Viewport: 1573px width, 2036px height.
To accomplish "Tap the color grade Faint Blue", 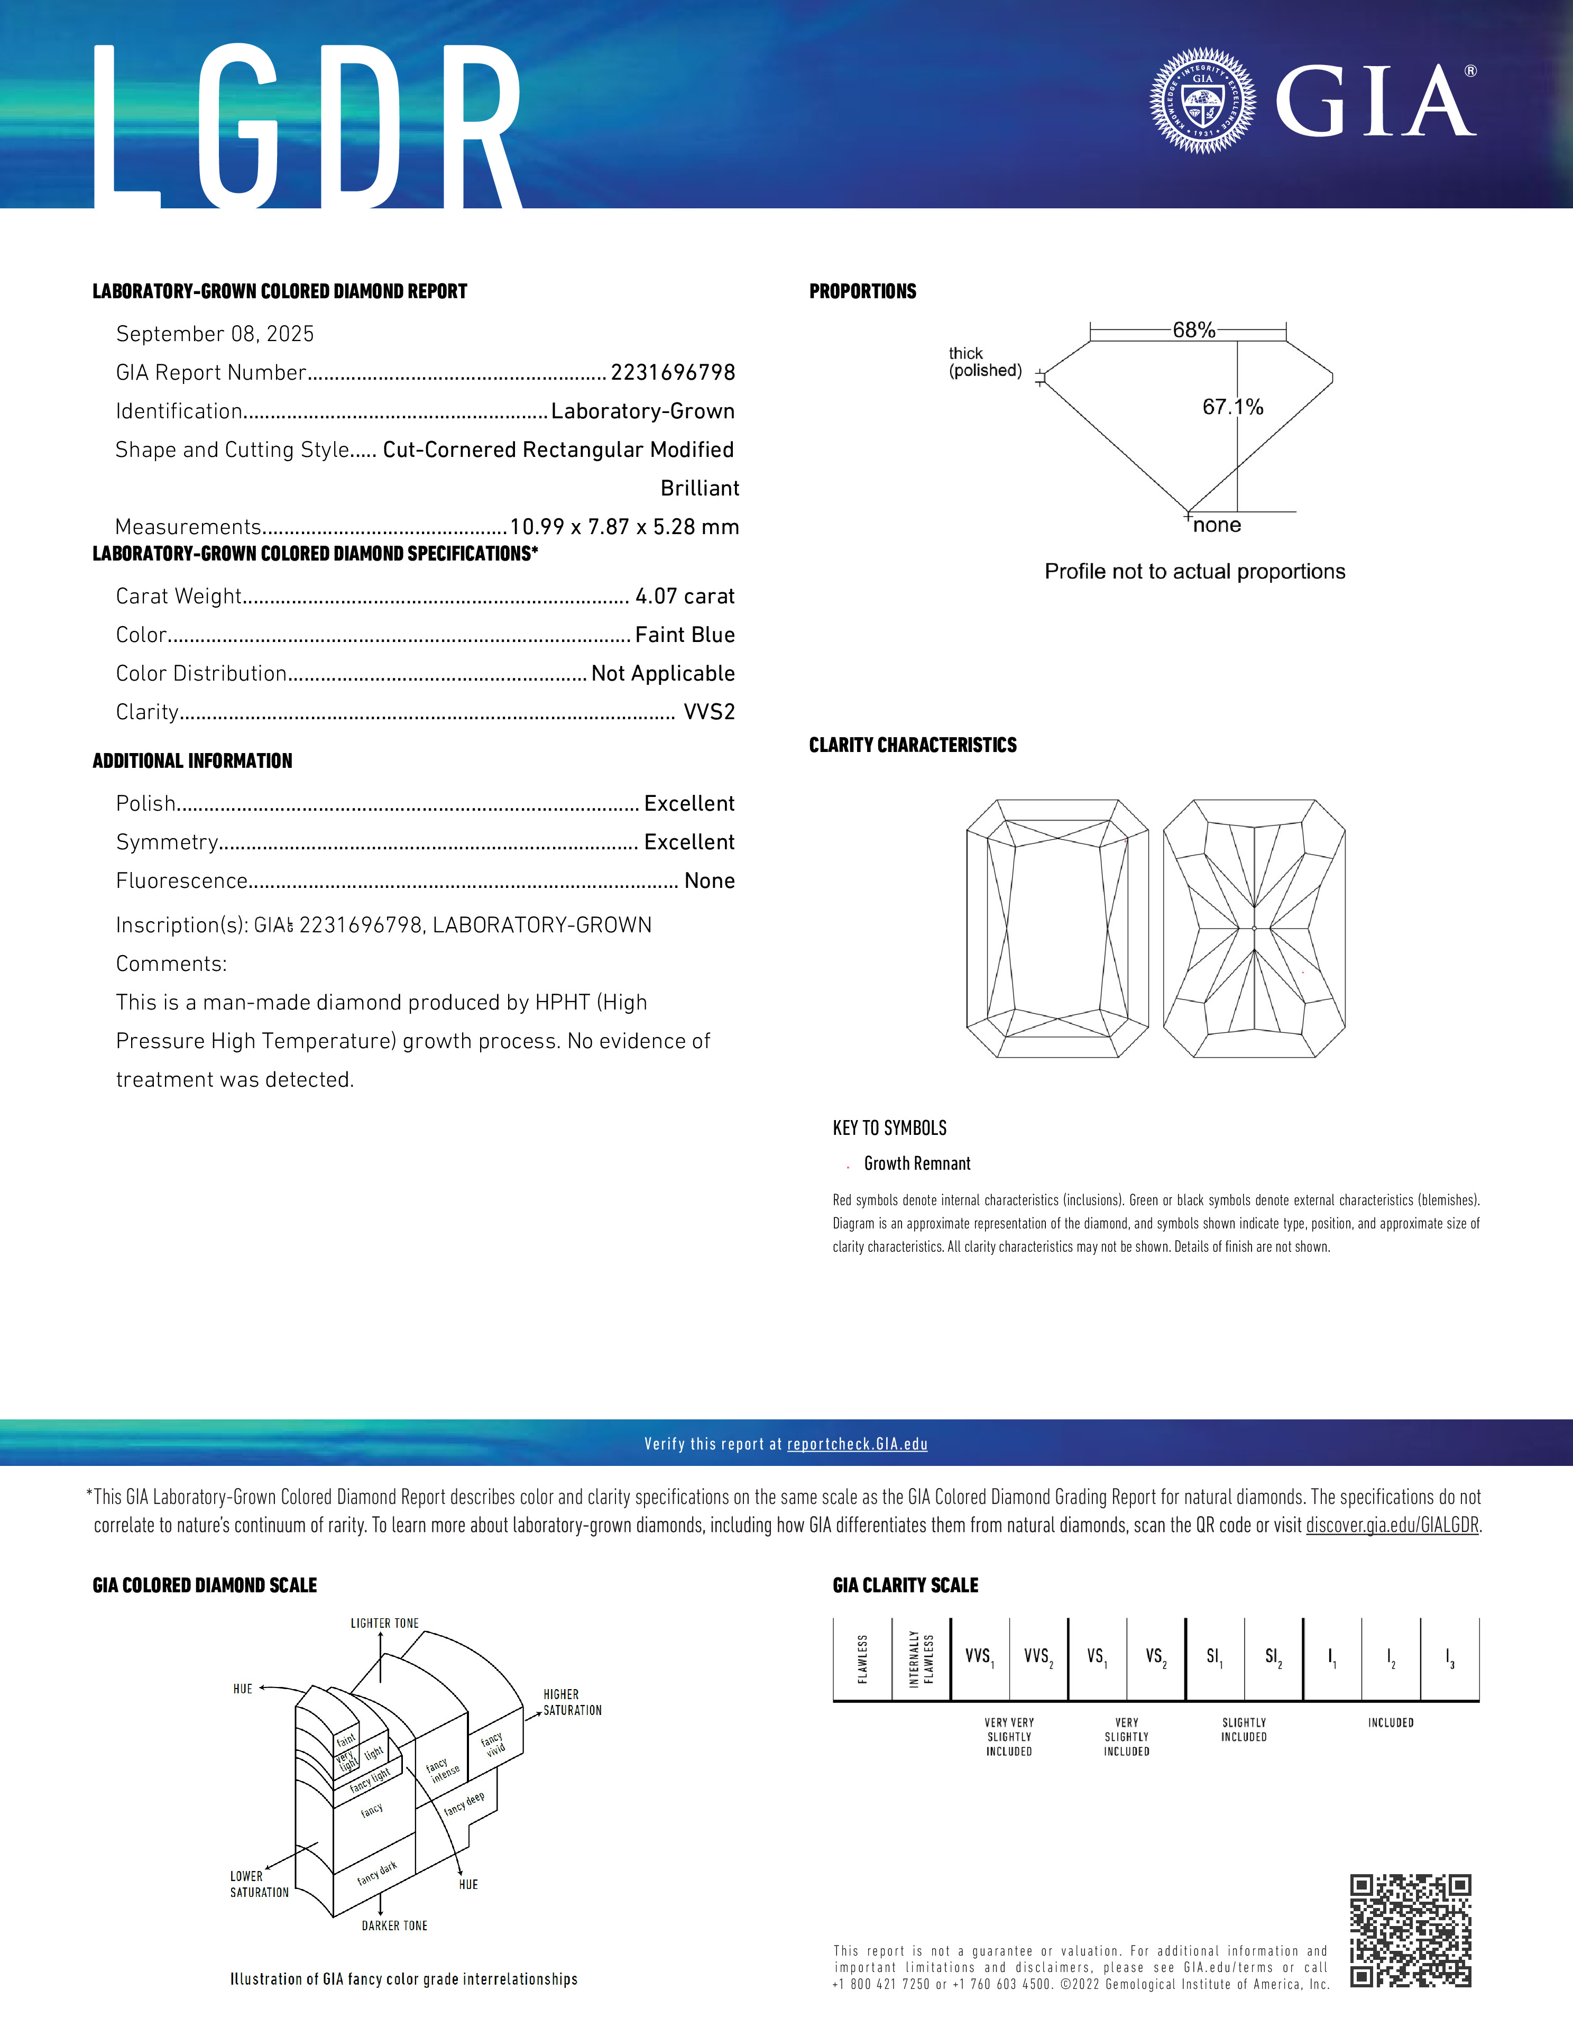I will point(685,635).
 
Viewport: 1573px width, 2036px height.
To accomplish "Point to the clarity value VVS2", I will point(709,712).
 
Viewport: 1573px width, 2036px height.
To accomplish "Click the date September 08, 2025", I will point(215,334).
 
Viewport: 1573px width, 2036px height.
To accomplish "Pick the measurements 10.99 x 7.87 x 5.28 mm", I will point(624,527).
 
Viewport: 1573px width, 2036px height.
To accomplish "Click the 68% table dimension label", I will point(1194,330).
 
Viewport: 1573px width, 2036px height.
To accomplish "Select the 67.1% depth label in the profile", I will point(1232,407).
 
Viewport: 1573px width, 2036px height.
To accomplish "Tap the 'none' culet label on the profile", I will point(1217,526).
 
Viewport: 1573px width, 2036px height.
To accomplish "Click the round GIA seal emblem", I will point(1203,100).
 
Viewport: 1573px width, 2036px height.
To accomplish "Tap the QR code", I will point(1411,1931).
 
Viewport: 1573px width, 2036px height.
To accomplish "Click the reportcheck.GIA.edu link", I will point(857,1444).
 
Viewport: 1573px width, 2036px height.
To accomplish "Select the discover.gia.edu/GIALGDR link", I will point(1392,1525).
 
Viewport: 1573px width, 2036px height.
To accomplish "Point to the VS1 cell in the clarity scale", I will point(1097,1657).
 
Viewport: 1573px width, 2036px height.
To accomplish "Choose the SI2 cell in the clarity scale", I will point(1273,1657).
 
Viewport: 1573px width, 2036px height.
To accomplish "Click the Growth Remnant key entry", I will point(917,1163).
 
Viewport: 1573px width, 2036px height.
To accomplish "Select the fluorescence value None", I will point(709,881).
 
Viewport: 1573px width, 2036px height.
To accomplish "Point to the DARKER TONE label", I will point(394,1925).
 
